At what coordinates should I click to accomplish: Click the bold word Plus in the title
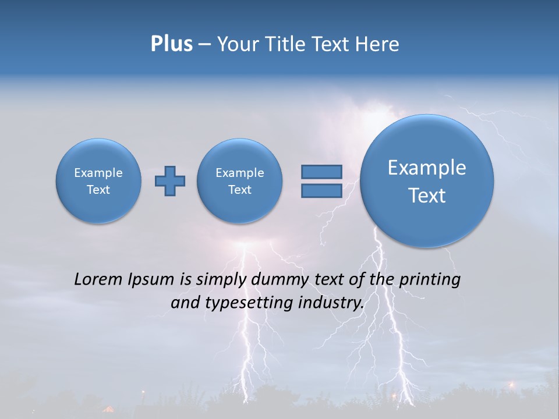(171, 44)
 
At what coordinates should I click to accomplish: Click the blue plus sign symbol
(170, 181)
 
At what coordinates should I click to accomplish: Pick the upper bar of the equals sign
(321, 172)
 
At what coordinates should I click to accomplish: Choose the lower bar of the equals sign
(321, 191)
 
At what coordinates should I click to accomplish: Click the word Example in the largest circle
(427, 168)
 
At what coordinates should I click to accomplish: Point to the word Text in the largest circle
(427, 196)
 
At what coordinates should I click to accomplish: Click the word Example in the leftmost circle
(98, 173)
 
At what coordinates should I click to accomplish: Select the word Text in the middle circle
(239, 190)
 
